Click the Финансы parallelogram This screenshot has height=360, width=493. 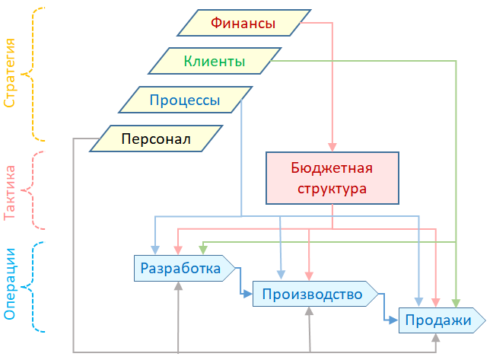pos(244,23)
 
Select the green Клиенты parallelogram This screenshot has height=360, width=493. pos(215,61)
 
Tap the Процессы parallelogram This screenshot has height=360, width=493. pos(185,99)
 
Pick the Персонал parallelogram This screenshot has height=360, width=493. pos(156,139)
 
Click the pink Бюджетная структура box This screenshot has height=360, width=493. pos(332,177)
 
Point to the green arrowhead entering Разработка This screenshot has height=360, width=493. pos(202,250)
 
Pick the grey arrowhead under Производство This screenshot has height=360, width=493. pos(309,311)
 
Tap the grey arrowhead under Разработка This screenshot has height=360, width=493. pos(178,285)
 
